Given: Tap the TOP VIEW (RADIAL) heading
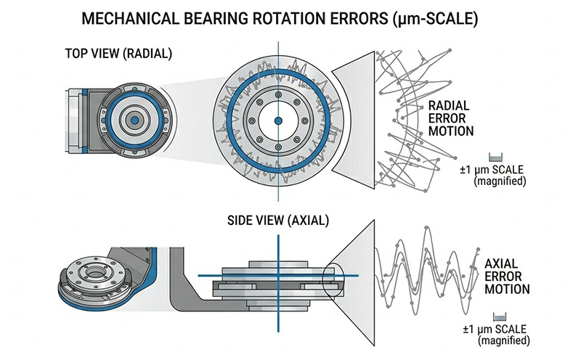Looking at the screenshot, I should [x=115, y=54].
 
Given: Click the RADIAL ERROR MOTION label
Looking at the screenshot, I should [x=451, y=118].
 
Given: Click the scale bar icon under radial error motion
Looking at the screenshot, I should [x=497, y=157].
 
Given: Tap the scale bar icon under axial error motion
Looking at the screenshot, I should [x=498, y=317].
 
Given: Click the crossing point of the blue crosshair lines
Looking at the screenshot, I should [x=277, y=275].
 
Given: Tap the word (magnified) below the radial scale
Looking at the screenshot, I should [x=498, y=181].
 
